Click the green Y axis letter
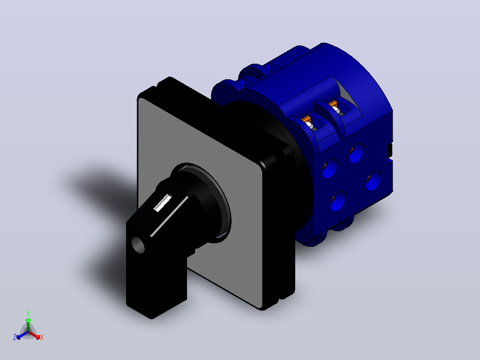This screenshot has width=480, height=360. [28, 314]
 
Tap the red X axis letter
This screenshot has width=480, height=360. [42, 337]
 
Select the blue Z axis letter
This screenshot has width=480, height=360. [15, 337]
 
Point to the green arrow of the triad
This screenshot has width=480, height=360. [28, 324]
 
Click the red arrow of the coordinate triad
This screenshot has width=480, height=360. [34, 335]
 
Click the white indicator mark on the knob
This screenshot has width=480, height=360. [163, 203]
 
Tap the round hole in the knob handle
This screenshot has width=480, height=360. [138, 245]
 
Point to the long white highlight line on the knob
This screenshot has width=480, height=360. [170, 216]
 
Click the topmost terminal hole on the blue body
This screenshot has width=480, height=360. [357, 152]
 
